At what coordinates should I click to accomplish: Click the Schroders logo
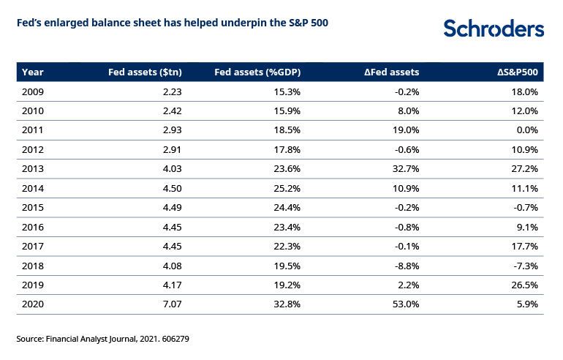pos(494,29)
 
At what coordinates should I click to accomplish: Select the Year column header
pos(33,72)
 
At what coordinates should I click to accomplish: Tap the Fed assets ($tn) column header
pos(145,72)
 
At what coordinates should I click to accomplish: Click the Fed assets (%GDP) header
pos(257,72)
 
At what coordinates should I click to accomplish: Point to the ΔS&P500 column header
pos(518,72)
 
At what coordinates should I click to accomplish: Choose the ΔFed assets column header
pos(392,72)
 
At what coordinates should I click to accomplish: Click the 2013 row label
pos(33,169)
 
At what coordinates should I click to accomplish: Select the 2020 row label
pos(33,304)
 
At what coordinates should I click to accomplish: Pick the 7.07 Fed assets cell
pos(173,304)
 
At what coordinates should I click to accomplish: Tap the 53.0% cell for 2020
pos(406,304)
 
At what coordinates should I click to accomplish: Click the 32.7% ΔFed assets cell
pos(406,169)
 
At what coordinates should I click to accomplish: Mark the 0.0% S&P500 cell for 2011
pos(527,130)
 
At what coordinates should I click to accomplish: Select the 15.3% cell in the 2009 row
pos(287,92)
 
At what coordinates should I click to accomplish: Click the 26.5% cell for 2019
pos(525,285)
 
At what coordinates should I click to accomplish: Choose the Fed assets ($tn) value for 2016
pos(173,227)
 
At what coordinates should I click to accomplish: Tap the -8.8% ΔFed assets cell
pos(407,266)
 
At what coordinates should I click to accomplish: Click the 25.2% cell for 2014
pos(287,188)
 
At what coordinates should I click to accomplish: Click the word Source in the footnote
pos(30,339)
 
